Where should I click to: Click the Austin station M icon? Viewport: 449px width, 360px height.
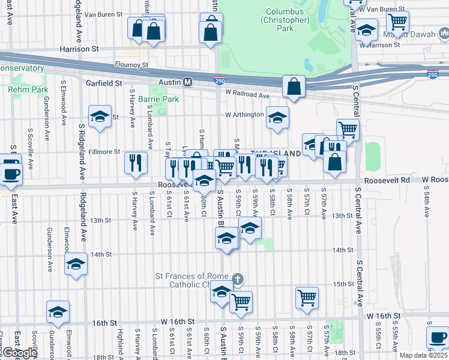[188, 82]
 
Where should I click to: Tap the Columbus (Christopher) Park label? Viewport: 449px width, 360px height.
[285, 20]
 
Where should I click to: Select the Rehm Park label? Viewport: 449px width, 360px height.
[28, 89]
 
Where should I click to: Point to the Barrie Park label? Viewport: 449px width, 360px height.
[158, 99]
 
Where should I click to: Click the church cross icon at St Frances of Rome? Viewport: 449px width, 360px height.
[238, 279]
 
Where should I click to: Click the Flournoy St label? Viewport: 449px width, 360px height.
[131, 64]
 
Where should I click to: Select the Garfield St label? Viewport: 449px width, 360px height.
[104, 83]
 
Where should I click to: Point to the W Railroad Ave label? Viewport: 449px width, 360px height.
[247, 95]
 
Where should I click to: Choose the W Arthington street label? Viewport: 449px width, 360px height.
[244, 115]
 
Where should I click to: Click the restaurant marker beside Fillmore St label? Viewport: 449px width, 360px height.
[136, 163]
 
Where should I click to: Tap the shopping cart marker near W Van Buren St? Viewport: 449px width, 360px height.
[397, 22]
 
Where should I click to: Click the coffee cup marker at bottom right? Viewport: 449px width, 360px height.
[437, 337]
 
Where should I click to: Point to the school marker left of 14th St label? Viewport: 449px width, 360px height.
[76, 266]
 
